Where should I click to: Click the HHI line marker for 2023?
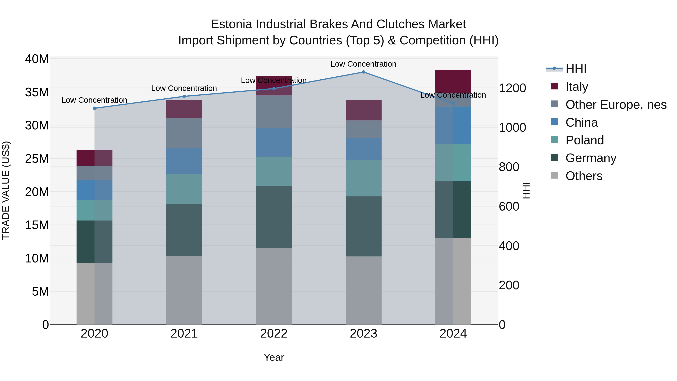(364, 72)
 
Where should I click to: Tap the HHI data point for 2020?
(95, 108)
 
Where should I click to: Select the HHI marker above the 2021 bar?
(184, 97)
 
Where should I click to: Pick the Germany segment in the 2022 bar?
(274, 217)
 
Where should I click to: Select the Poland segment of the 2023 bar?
(364, 178)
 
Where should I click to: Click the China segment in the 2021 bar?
(184, 161)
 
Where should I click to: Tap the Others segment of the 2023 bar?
(364, 290)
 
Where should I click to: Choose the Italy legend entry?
(576, 87)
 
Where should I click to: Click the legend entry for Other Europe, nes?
(616, 105)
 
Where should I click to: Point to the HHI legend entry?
(576, 69)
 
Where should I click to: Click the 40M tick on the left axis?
(37, 59)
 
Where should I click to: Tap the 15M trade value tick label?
(37, 225)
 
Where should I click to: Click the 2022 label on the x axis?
(274, 334)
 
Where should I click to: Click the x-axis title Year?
(274, 357)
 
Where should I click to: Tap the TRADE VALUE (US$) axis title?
(6, 190)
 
